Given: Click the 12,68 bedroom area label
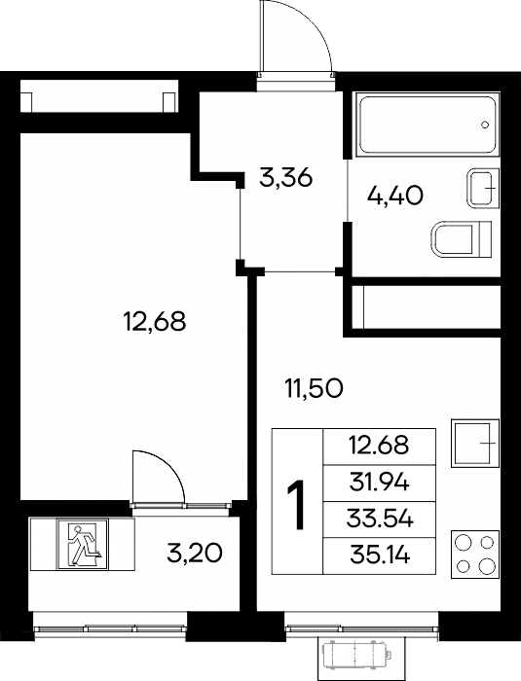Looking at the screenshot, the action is coord(155,322).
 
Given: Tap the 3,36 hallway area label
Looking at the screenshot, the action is coord(285,178).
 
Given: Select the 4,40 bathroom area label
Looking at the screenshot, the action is coord(394,196).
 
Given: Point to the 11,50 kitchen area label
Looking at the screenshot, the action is coord(314,388).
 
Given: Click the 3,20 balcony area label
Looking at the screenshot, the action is coord(195,554).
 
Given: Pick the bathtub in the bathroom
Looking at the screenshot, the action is coord(428,124).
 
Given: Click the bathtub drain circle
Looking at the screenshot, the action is coord(485,125).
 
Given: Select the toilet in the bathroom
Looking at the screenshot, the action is coord(462,238).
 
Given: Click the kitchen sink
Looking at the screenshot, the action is coord(475,443).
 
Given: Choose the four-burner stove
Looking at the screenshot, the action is coord(475,555).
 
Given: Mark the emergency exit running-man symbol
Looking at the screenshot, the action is coord(83,544).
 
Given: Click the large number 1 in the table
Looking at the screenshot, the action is coord(297,505).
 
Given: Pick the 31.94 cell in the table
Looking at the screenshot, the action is coord(379,484).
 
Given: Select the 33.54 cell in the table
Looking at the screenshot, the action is coord(379,520).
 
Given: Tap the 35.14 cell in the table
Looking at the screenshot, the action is coord(379,556).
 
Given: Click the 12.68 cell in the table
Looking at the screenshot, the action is coord(379,448).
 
